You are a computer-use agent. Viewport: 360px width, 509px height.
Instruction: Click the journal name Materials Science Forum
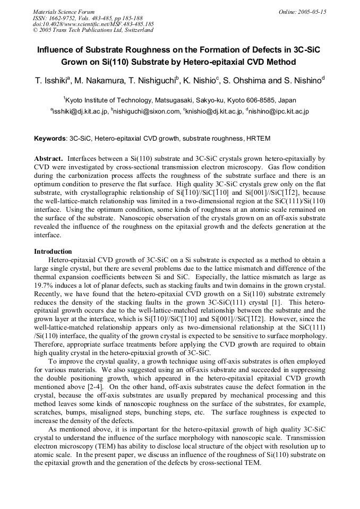click(x=64, y=12)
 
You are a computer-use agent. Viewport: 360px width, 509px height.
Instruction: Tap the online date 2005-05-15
click(x=310, y=12)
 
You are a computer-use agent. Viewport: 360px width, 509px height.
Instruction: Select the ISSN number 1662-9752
click(x=66, y=18)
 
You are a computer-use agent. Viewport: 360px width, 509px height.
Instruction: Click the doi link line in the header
click(x=93, y=24)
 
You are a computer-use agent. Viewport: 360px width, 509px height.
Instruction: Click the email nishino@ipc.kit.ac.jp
click(x=278, y=111)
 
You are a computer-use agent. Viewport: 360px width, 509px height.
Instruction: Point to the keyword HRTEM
click(x=258, y=139)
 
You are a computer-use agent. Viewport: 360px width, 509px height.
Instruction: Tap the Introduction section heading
click(x=53, y=251)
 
